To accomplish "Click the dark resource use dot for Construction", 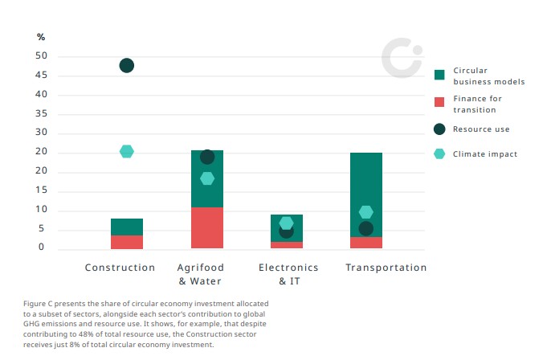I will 126,65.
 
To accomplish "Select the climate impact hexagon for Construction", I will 126,151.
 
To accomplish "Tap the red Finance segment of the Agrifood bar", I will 207,228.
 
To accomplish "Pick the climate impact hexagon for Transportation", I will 365,212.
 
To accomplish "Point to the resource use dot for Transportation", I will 365,228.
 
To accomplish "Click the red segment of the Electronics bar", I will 287,245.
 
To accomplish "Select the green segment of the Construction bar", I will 126,227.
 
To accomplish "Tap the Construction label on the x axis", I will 120,268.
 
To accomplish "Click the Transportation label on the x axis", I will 386,268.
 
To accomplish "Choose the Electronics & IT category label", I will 287,274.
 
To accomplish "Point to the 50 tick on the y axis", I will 41,56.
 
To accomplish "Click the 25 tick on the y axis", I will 41,152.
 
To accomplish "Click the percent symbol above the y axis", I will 41,37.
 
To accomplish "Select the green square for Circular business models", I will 439,75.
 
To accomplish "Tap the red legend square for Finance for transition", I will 439,102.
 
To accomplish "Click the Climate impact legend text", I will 485,154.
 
